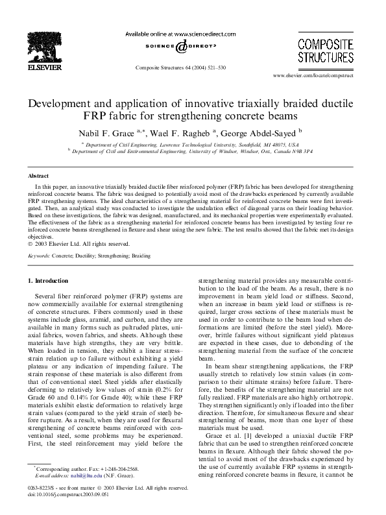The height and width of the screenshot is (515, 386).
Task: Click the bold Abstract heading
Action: click(39, 176)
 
